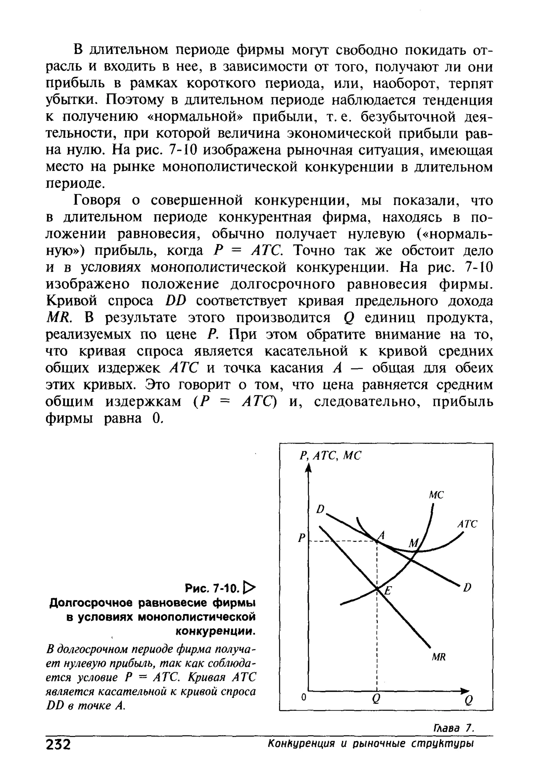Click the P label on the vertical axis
pyautogui.click(x=301, y=538)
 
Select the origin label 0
pyautogui.click(x=303, y=698)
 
